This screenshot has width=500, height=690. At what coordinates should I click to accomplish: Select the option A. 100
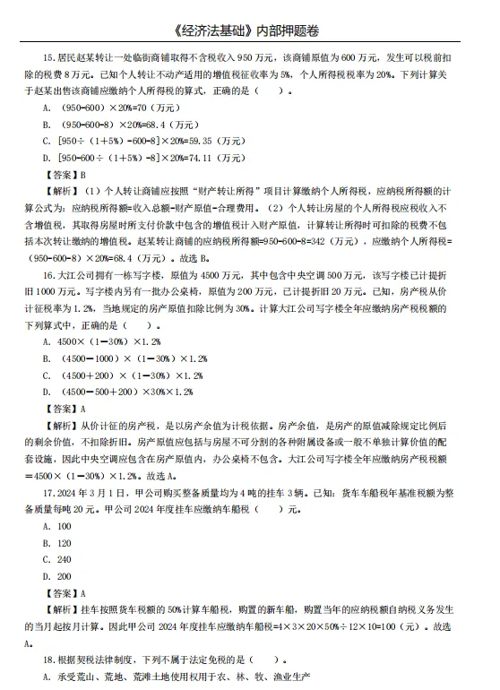click(x=57, y=526)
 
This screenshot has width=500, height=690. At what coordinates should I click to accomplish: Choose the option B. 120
click(x=57, y=543)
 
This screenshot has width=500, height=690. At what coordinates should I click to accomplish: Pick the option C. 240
click(x=57, y=560)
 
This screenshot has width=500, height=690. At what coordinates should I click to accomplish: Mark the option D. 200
click(x=57, y=577)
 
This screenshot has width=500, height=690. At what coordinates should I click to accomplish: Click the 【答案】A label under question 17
click(x=64, y=593)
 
